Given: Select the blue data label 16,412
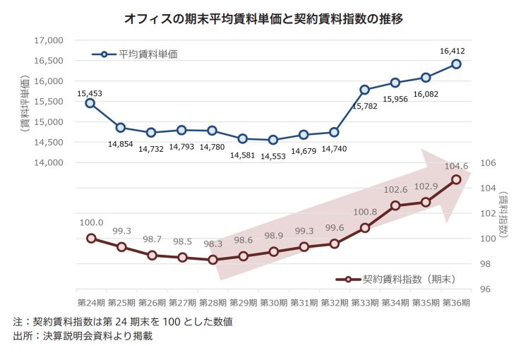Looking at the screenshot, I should click(452, 51).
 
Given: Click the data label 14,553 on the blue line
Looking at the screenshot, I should click(273, 157).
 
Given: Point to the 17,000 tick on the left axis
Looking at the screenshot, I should click(49, 40).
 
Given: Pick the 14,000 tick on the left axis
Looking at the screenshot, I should click(49, 162).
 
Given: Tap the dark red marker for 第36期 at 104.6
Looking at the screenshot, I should click(456, 179).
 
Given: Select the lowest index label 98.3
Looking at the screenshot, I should click(213, 244).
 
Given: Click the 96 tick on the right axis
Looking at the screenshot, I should click(485, 289).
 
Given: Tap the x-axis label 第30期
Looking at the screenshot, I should click(273, 303).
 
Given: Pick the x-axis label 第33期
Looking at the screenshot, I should click(365, 303).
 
